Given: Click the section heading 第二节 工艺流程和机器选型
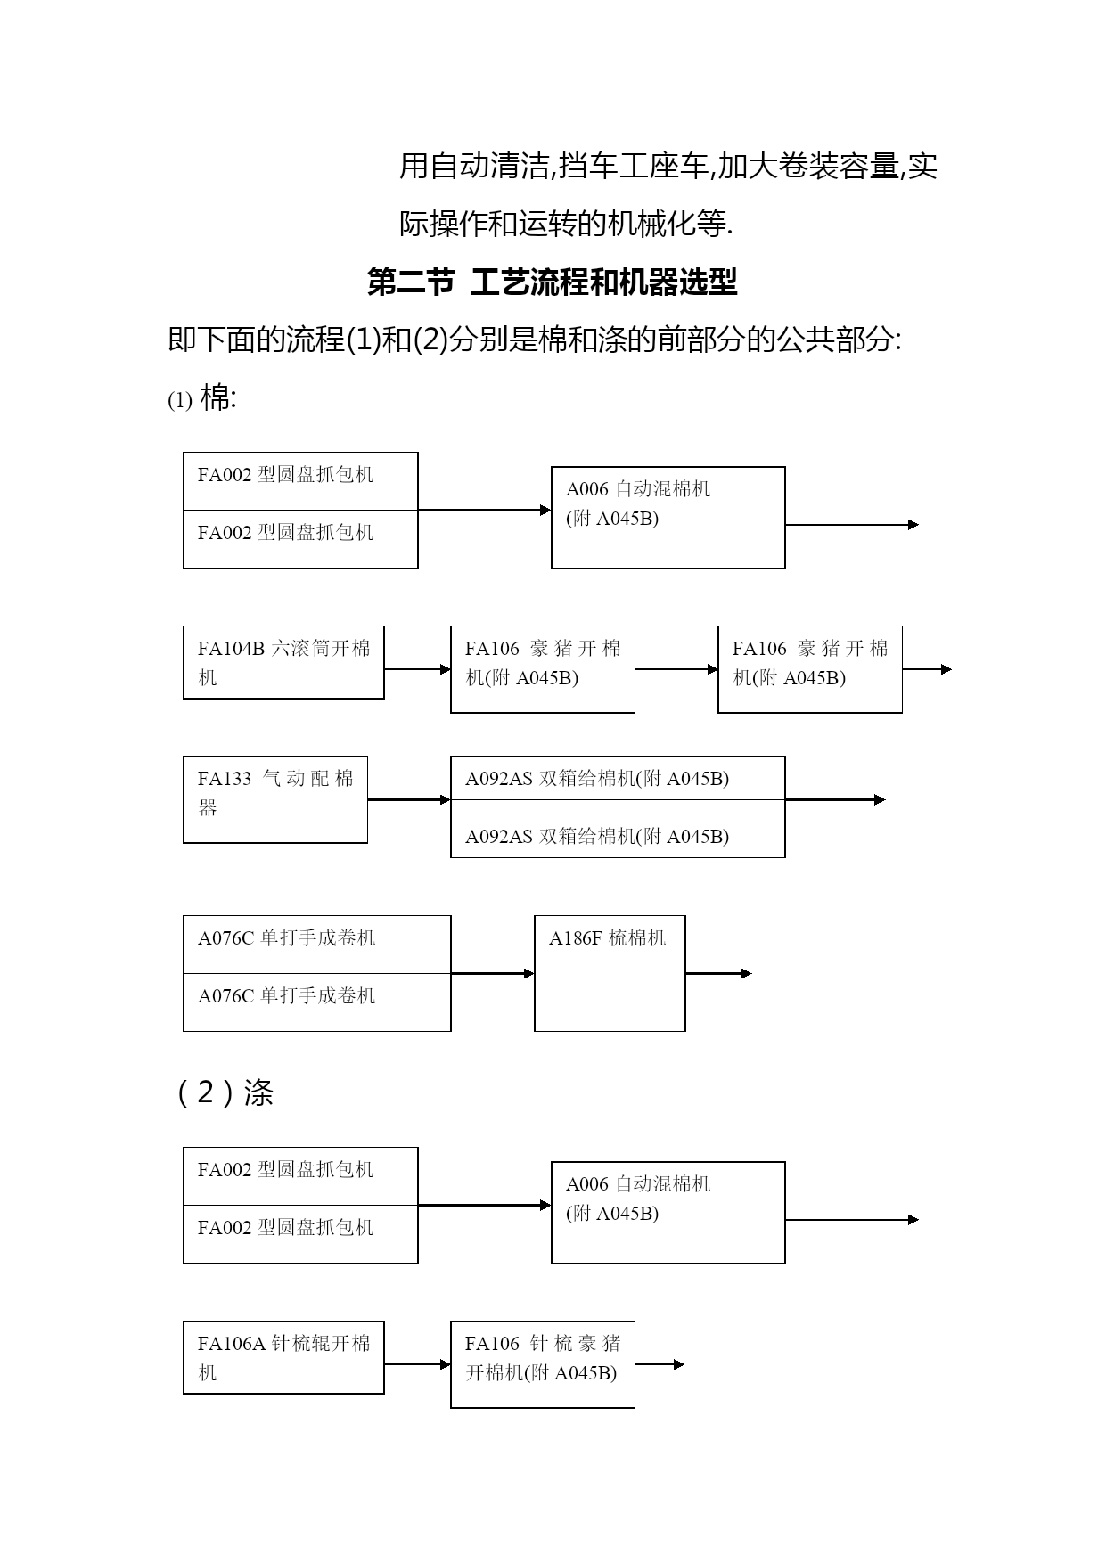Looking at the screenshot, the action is pos(553,282).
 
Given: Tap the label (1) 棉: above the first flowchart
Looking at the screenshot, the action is pos(202,398).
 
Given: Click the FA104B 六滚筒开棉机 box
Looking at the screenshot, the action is pos(283,662).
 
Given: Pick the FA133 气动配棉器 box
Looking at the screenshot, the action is pos(275,799).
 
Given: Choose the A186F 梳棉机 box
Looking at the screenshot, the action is pos(610,973).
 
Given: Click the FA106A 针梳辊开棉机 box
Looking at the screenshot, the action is pos(283,1357).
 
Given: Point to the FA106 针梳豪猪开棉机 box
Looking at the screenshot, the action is pos(543,1364).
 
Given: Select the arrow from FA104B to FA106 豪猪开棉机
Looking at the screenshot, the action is pos(418,669).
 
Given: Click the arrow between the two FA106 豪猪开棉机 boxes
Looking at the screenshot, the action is pos(676,669).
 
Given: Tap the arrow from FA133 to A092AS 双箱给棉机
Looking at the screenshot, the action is pos(409,800).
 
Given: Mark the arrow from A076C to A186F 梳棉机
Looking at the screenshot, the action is pos(493,973).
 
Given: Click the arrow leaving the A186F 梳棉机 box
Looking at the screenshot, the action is pos(719,973).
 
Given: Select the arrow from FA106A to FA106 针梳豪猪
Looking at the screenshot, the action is pos(418,1364).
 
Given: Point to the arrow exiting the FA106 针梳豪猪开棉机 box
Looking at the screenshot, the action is pos(660,1364).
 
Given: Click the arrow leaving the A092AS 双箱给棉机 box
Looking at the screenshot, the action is pos(835,800).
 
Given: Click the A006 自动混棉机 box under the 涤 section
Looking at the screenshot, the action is pos(668,1212).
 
